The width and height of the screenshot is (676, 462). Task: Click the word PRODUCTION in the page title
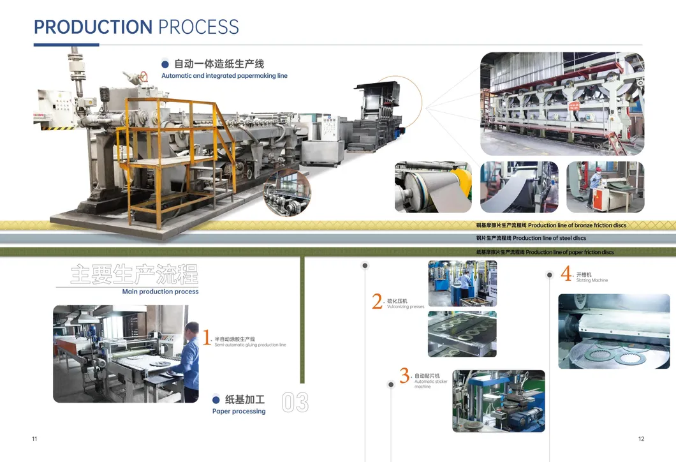coord(93,27)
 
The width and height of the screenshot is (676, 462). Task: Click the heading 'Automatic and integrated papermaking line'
coord(224,76)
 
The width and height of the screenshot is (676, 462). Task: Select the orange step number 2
coord(378,302)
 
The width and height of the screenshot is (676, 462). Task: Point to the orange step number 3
coord(404,376)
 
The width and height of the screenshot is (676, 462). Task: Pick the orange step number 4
coord(566,274)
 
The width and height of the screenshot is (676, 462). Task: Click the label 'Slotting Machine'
coord(592,281)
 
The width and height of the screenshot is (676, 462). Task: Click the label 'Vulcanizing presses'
coord(406,307)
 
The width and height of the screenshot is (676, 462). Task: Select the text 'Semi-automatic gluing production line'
coord(250,345)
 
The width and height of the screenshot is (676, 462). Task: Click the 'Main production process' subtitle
coord(160,292)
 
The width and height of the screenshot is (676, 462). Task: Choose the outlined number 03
coord(295,403)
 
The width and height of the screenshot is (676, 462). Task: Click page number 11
coord(34,438)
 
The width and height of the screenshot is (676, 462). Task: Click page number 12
coord(642,438)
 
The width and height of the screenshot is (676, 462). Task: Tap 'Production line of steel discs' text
coord(549,239)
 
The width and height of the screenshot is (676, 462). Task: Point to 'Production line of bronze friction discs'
coord(577,225)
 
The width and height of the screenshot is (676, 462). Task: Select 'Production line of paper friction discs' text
coord(570,252)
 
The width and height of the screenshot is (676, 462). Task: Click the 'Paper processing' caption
coord(239,412)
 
